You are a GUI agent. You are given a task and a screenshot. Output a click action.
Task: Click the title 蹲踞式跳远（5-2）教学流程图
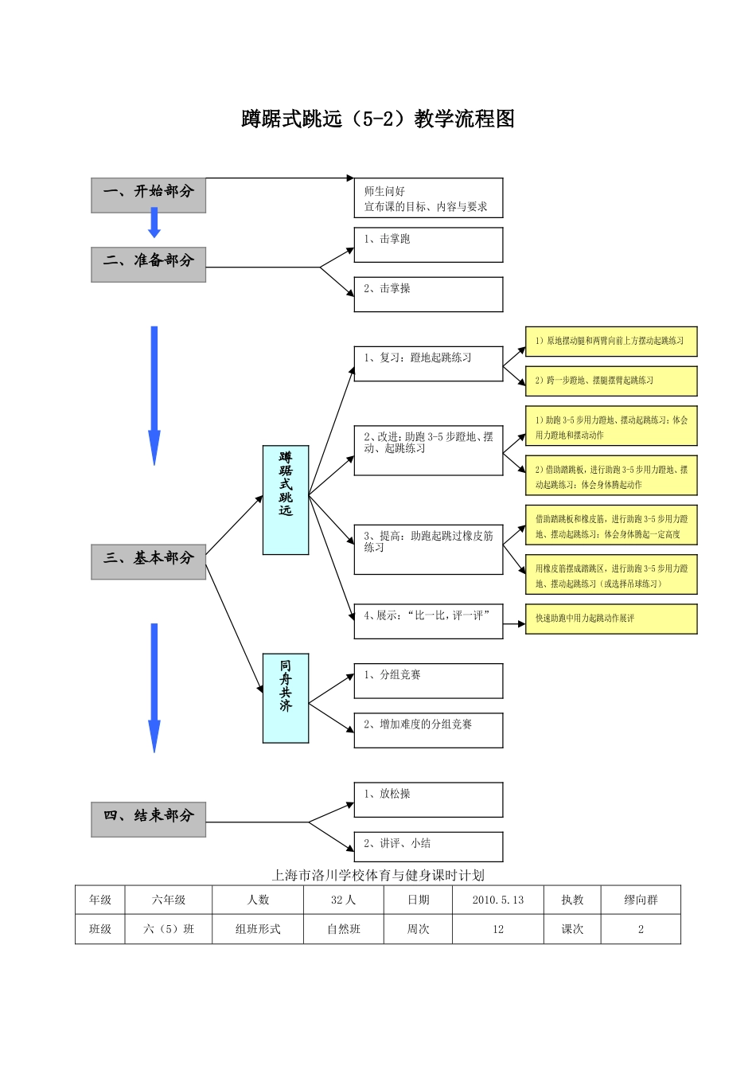pyautogui.click(x=378, y=119)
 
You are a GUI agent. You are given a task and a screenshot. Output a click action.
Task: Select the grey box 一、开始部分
pyautogui.click(x=149, y=195)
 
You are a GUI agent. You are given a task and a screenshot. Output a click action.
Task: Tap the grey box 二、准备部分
pyautogui.click(x=149, y=264)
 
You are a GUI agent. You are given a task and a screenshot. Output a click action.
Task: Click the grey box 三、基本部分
pyautogui.click(x=149, y=561)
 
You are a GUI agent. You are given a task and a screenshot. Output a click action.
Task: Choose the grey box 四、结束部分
pyautogui.click(x=149, y=819)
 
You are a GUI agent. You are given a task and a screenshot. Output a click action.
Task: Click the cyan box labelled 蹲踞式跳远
pyautogui.click(x=286, y=500)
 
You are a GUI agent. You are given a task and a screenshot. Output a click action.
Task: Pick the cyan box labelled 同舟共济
pyautogui.click(x=286, y=698)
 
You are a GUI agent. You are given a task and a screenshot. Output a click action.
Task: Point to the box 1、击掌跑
pyautogui.click(x=428, y=244)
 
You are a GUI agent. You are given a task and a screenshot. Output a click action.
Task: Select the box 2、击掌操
pyautogui.click(x=428, y=294)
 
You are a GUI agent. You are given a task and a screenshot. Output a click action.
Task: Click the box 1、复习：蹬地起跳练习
pyautogui.click(x=428, y=363)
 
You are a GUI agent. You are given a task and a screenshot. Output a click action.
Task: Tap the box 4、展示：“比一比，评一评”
pyautogui.click(x=428, y=621)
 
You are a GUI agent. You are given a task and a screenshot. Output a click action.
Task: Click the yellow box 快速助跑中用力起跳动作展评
pyautogui.click(x=611, y=619)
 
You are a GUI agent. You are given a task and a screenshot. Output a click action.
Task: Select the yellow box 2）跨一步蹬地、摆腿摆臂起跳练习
pyautogui.click(x=611, y=381)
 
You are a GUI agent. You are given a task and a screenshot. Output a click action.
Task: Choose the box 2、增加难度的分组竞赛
pyautogui.click(x=428, y=730)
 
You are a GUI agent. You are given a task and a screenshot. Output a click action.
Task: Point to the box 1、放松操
pyautogui.click(x=428, y=799)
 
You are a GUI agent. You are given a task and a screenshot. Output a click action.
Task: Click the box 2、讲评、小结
pyautogui.click(x=428, y=846)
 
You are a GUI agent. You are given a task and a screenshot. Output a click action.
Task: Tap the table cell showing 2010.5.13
pyautogui.click(x=498, y=900)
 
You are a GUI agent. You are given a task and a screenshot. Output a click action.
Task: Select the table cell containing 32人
pyautogui.click(x=344, y=900)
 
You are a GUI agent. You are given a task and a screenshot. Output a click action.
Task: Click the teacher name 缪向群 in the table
pyautogui.click(x=641, y=900)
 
